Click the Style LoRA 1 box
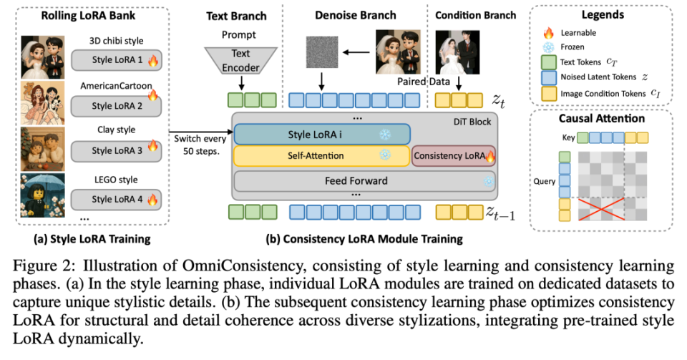tap(117, 60)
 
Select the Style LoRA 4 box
tap(117, 199)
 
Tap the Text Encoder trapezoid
tap(240, 60)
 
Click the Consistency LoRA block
tap(454, 156)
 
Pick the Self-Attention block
tap(321, 156)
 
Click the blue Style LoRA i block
tap(322, 135)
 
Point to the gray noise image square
tap(322, 52)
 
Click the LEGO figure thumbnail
tap(42, 195)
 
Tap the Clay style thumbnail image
tap(42, 149)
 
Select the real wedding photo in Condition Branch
tap(457, 52)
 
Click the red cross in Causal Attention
tap(601, 209)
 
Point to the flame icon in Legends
tap(549, 33)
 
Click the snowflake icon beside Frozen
tap(549, 47)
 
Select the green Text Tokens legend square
tap(549, 62)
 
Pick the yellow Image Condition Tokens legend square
tap(549, 93)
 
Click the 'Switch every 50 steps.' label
tap(200, 145)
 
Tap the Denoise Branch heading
tap(356, 15)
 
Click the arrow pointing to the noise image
tap(356, 52)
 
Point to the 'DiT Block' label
tap(472, 122)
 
